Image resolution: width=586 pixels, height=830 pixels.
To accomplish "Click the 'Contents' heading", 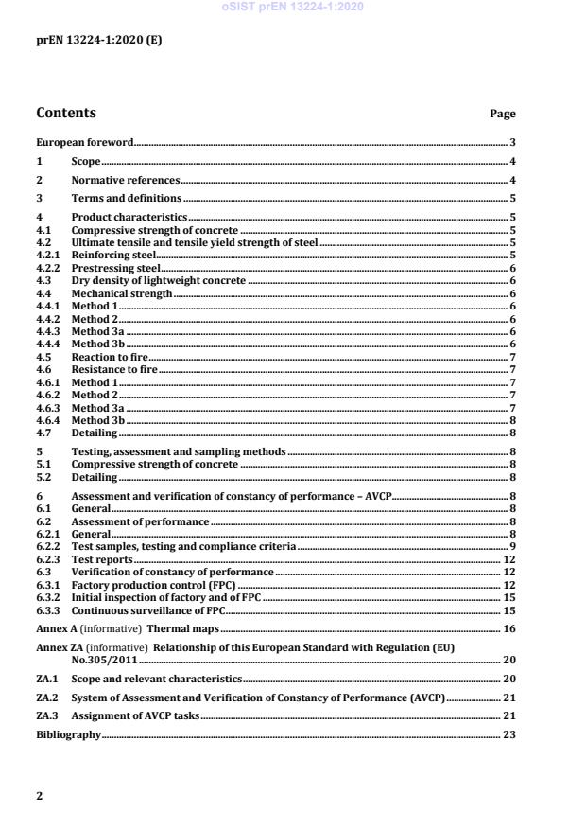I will pos(66,114).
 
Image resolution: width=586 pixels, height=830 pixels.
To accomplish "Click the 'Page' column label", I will pos(502,115).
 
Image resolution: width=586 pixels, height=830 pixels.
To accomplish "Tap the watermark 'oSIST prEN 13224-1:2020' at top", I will pos(293,8).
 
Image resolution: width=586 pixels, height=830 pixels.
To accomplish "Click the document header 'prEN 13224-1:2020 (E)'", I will pos(86,41).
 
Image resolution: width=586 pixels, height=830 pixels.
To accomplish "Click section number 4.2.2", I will pos(49,268).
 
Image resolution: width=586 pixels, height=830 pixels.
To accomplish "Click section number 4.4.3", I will pos(49,331).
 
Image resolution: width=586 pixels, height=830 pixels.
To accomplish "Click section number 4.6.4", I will pos(49,420).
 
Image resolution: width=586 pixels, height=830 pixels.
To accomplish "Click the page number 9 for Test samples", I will pos(512,547).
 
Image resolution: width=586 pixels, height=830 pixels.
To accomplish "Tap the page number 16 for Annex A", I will pos(509,628).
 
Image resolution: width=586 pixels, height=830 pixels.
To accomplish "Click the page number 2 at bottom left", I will pos(40,796).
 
